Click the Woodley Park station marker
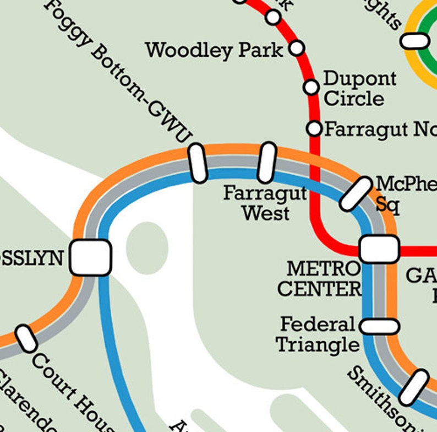click(x=297, y=48)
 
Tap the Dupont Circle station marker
click(x=312, y=87)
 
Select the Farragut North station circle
click(x=314, y=128)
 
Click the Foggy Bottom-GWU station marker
click(x=198, y=163)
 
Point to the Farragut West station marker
click(x=266, y=163)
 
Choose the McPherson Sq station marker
click(x=356, y=194)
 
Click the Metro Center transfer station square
click(x=379, y=249)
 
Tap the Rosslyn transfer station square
click(x=91, y=257)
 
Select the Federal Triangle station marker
click(x=379, y=326)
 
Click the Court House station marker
click(x=25, y=338)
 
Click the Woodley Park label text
click(x=214, y=51)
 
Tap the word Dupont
click(x=359, y=79)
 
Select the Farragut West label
click(x=265, y=203)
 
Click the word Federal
click(x=318, y=324)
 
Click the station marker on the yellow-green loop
click(x=415, y=41)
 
